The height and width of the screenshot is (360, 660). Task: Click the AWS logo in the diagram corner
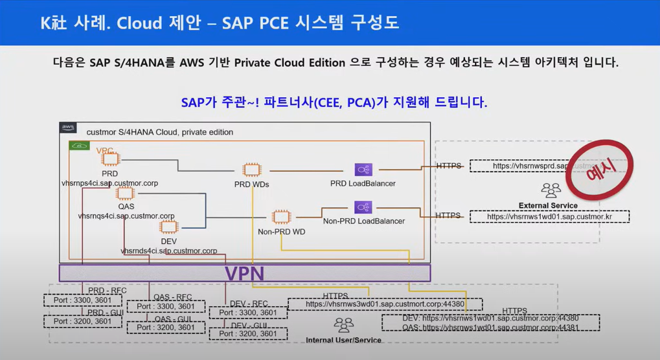(x=68, y=128)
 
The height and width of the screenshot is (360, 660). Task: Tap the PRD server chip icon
(x=109, y=159)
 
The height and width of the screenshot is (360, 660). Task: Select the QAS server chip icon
(x=126, y=193)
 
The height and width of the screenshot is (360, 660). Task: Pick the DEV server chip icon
(x=169, y=227)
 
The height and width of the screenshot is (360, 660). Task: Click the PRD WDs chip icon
(x=251, y=170)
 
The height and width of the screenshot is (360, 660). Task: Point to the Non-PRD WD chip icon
(x=280, y=217)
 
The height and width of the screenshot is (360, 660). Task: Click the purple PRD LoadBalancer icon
(x=363, y=170)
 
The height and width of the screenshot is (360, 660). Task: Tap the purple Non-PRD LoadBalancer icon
(x=363, y=208)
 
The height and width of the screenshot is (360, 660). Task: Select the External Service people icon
(x=551, y=190)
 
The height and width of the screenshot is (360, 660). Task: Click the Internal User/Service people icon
(x=343, y=325)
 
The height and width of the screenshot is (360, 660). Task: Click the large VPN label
(x=244, y=273)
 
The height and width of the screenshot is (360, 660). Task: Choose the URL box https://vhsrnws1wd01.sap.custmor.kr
(x=549, y=217)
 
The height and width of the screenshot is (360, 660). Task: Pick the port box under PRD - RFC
(x=82, y=301)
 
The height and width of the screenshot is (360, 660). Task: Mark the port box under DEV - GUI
(x=247, y=334)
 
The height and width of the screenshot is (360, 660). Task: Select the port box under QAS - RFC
(x=166, y=307)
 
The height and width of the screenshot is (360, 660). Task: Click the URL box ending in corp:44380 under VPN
(x=385, y=304)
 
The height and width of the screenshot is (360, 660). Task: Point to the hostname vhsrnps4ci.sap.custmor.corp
(x=109, y=183)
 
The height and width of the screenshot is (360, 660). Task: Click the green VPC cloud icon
(x=78, y=146)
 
